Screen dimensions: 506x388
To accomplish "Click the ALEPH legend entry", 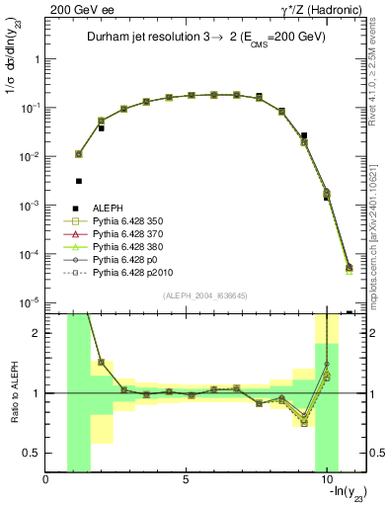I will tap(107, 209).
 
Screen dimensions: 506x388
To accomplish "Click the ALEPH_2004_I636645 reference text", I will tap(204, 297).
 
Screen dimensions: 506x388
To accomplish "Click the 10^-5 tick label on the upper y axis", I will tap(30, 302).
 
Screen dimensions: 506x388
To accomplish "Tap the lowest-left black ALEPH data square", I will tap(79, 181).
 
